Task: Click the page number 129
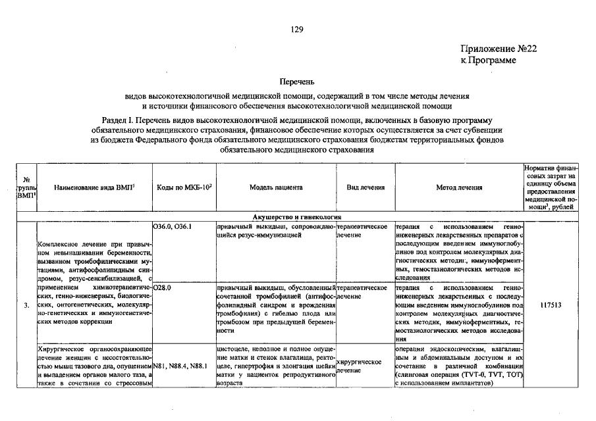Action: (x=297, y=30)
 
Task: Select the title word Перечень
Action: (x=297, y=82)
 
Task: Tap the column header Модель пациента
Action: (x=276, y=187)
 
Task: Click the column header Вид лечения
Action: (x=366, y=187)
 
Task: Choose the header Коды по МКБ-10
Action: (x=184, y=187)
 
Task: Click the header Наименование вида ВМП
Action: (x=94, y=187)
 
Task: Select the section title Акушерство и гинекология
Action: (x=297, y=217)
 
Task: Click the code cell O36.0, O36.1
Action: (x=172, y=227)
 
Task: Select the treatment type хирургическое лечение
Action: (x=360, y=366)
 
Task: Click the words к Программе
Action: (x=488, y=61)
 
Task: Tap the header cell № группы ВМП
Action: (x=26, y=187)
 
